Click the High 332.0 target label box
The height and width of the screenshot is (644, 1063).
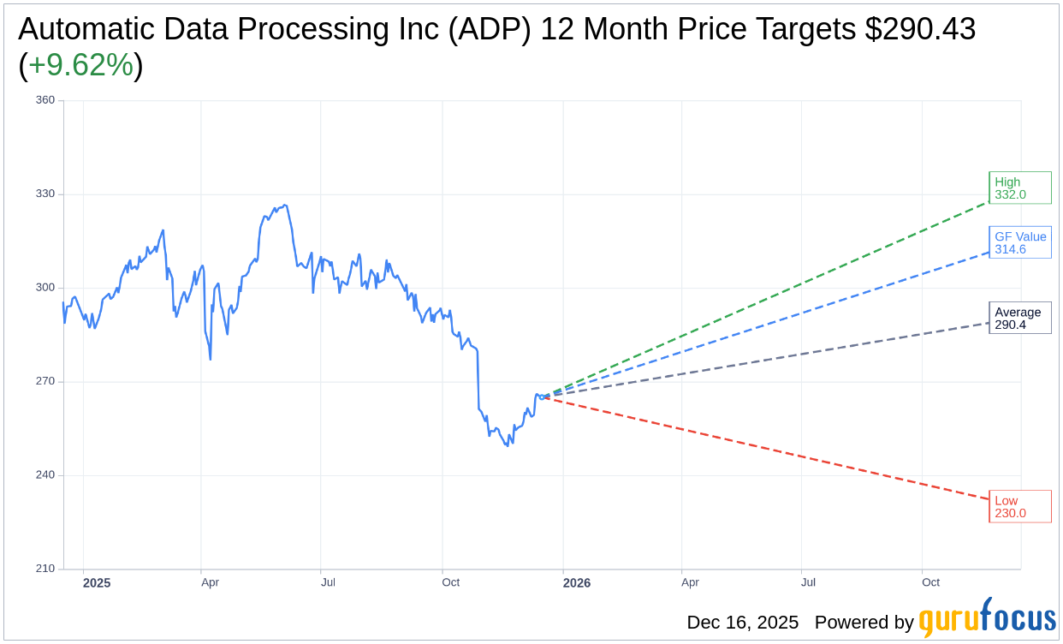[1019, 188]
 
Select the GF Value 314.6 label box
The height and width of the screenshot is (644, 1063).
[1019, 242]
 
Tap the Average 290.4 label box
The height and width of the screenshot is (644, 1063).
[1019, 318]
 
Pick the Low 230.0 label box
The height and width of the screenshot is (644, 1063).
[1019, 506]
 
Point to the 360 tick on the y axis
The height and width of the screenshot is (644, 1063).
[45, 100]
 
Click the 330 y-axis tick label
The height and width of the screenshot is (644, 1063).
[45, 194]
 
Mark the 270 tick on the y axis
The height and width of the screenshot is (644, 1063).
[45, 381]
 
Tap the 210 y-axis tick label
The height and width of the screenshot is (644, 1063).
[45, 569]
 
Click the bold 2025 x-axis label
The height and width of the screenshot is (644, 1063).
[97, 583]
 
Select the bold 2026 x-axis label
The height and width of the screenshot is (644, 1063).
[577, 583]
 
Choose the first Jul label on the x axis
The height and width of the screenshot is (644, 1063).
[328, 582]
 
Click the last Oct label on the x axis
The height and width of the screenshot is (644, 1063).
[930, 582]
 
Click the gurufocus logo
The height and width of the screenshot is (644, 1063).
[987, 619]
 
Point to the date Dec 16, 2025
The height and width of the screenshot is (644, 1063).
[742, 623]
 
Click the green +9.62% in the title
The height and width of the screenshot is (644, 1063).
[80, 66]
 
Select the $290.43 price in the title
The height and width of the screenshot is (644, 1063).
[920, 30]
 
